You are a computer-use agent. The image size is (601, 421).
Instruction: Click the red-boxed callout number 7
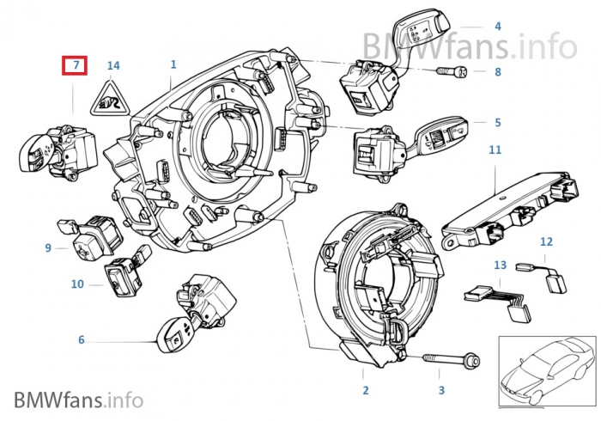[75, 65]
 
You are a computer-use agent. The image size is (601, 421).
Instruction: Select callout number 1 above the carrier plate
[173, 64]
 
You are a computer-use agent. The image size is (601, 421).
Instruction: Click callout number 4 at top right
[497, 27]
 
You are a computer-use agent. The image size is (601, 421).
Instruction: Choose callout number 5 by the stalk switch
[496, 122]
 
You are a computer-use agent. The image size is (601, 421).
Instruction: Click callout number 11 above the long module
[495, 150]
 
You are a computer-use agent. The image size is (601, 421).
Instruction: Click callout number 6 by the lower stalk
[82, 340]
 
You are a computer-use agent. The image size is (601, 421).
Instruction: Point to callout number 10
[76, 283]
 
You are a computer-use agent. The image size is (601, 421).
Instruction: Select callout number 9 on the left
[49, 248]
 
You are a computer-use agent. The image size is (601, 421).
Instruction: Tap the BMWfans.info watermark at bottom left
[78, 399]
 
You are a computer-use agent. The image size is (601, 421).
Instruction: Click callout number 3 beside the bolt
[441, 391]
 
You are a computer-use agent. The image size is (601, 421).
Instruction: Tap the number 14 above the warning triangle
[113, 65]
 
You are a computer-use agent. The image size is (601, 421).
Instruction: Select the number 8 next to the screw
[497, 73]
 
